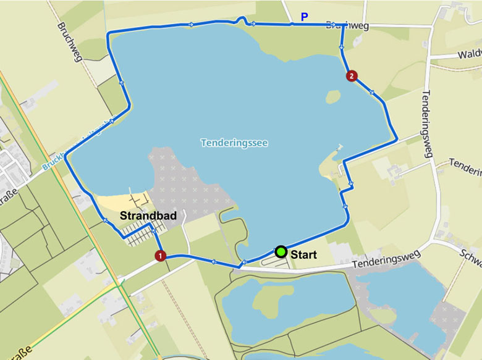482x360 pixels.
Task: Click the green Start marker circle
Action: point(281,251)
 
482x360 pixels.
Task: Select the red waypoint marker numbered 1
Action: point(161,255)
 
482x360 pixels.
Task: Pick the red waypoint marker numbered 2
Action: point(352,77)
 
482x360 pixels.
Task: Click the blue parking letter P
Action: point(303,17)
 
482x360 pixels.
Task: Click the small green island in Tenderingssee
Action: point(332,97)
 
